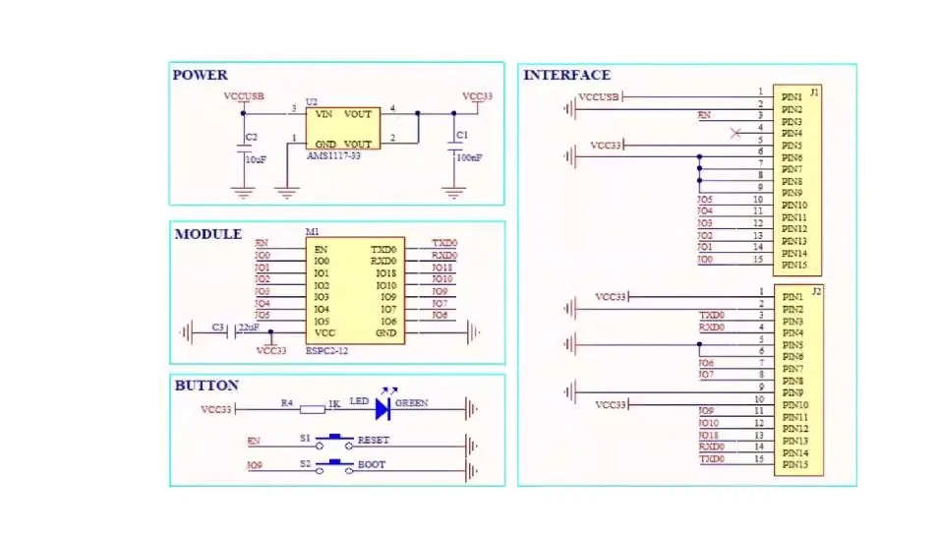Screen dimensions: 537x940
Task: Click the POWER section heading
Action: (x=200, y=75)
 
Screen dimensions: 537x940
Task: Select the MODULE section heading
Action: (x=207, y=234)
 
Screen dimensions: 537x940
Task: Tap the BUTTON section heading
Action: (x=206, y=386)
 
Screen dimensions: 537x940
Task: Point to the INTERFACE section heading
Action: (x=566, y=75)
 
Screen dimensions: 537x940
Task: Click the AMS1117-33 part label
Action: (x=334, y=156)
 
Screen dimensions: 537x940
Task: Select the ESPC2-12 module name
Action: (x=326, y=349)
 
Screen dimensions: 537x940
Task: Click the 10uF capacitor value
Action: (x=256, y=158)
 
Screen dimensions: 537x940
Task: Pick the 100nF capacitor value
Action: (x=469, y=157)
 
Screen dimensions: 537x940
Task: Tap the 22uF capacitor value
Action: (x=248, y=328)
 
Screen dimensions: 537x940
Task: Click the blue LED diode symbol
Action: (x=383, y=408)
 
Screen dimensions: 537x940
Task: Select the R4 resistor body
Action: (x=312, y=408)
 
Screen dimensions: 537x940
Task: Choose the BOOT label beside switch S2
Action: (x=371, y=464)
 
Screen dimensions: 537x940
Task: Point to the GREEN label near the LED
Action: (x=412, y=402)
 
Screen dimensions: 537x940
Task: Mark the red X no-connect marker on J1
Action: (x=735, y=133)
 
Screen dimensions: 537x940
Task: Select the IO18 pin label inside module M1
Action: (x=385, y=272)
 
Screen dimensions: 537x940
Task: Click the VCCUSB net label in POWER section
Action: (x=244, y=96)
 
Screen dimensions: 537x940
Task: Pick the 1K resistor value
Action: (x=334, y=402)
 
